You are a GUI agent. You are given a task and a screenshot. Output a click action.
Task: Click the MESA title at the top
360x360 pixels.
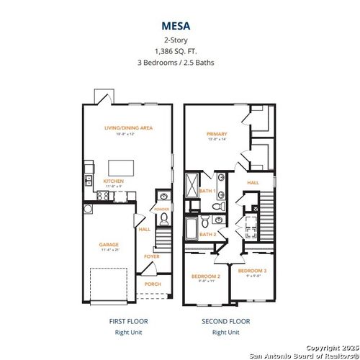(x=179, y=24)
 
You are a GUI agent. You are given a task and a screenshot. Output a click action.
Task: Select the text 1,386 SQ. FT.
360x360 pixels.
(x=179, y=50)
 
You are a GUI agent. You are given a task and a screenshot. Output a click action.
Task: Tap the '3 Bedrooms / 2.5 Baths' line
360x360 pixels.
(x=179, y=63)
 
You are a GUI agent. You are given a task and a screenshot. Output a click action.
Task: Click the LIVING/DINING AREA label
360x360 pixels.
(x=128, y=127)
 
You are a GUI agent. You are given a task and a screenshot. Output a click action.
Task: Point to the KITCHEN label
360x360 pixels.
(x=114, y=181)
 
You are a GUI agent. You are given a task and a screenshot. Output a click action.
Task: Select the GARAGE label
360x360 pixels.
(x=109, y=245)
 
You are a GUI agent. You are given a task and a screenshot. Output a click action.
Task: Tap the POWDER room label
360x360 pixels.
(x=162, y=210)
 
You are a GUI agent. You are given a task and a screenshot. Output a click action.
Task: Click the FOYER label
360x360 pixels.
(x=153, y=256)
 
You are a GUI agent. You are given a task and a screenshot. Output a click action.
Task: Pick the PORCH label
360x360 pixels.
(x=153, y=284)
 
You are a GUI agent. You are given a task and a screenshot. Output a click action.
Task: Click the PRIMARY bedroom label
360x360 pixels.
(x=217, y=134)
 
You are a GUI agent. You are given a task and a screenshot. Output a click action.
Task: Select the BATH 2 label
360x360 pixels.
(x=208, y=234)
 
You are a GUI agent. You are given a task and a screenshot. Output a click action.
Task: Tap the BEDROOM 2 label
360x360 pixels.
(x=204, y=276)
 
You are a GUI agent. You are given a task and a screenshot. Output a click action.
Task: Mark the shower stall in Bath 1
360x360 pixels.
(x=192, y=186)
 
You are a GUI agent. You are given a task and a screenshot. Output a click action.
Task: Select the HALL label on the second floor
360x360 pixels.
(x=253, y=183)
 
